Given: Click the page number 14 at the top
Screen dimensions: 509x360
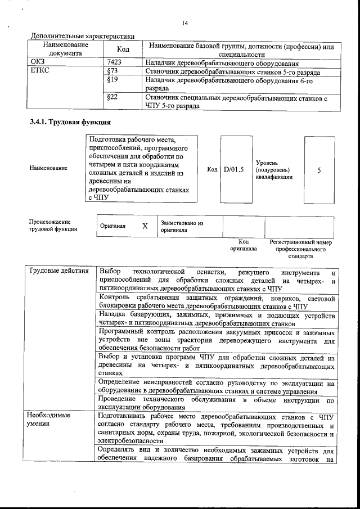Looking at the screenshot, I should point(184,23).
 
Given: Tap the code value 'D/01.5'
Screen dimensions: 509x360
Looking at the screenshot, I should point(233,169).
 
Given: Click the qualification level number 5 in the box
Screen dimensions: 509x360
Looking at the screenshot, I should point(319,169).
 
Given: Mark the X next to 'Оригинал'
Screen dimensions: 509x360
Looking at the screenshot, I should point(145,226).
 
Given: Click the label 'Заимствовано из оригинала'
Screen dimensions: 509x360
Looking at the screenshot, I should point(182,226).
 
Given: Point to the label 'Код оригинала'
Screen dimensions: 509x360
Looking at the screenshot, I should point(243,245).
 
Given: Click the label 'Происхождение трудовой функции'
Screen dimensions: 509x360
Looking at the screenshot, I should point(50,226).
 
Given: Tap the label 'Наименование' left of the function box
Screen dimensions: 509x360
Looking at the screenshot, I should point(48,168).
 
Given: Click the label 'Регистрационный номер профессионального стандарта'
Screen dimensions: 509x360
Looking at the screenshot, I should point(300,248).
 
